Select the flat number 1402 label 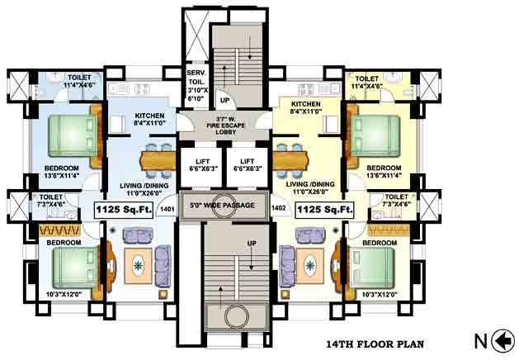pos(278,210)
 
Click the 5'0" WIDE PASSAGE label pos(222,205)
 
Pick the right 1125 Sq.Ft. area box pos(324,210)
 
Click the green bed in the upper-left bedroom pos(69,132)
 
